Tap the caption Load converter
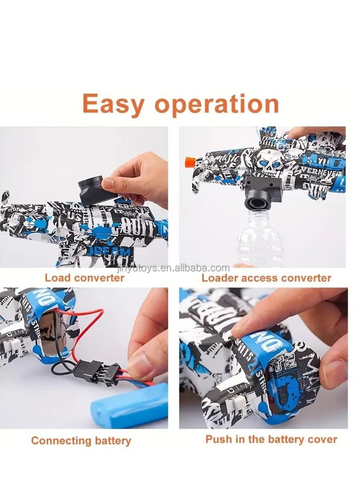[84, 278]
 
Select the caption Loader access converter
[266, 278]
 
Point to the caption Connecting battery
[81, 440]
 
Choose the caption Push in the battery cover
[271, 439]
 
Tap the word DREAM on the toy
[110, 249]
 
